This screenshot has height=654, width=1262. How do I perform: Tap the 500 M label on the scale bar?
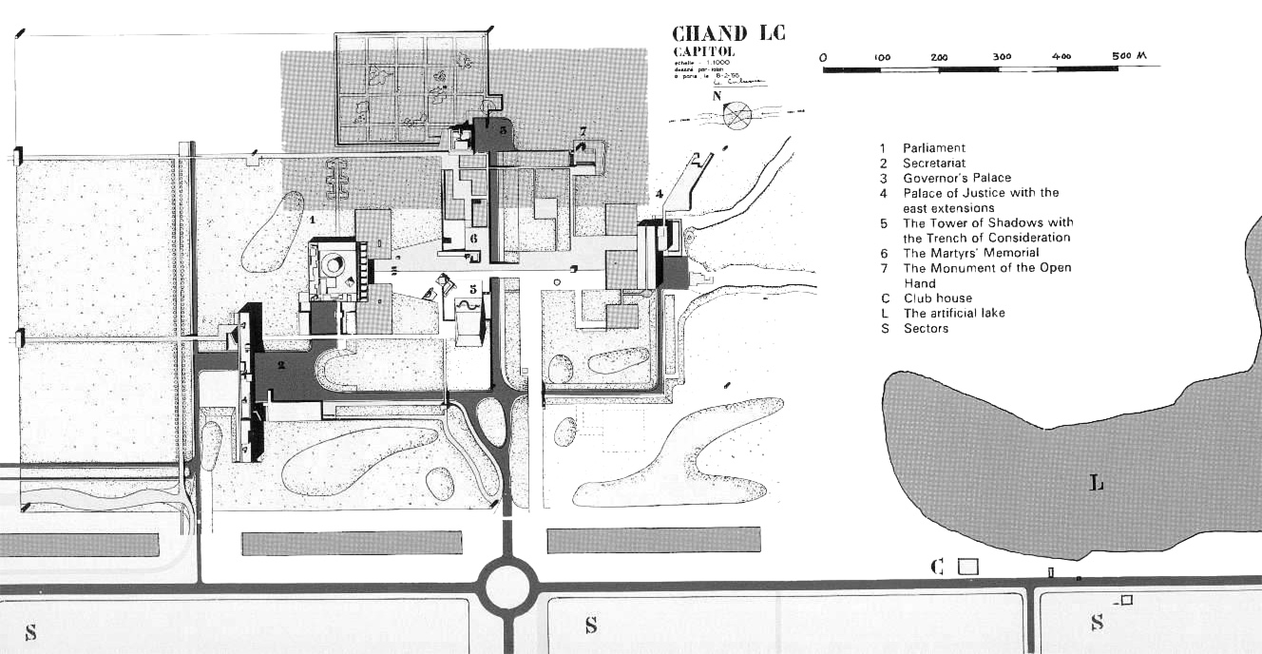click(x=1129, y=56)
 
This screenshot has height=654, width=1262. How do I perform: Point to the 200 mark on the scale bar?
click(x=940, y=57)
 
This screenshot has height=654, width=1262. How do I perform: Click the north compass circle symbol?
click(x=737, y=116)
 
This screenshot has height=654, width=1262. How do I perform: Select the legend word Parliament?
click(x=933, y=148)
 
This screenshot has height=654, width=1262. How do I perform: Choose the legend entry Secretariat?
click(x=933, y=163)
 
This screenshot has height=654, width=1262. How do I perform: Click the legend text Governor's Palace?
click(x=956, y=178)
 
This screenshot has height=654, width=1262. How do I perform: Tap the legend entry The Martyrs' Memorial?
click(x=970, y=253)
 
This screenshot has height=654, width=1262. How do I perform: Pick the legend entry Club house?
click(x=938, y=298)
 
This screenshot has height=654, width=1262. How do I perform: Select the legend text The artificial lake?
click(x=953, y=313)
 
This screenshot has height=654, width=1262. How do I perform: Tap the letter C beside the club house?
click(x=937, y=567)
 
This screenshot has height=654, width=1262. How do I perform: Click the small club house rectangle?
click(x=967, y=566)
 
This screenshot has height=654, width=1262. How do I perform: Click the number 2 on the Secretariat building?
click(x=280, y=364)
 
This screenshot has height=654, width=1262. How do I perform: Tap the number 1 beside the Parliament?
click(x=312, y=220)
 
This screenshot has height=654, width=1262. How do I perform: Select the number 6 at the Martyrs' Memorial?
click(x=472, y=239)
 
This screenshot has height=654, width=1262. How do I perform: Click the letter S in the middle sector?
click(x=590, y=625)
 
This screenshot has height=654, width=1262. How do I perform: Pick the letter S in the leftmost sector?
click(x=30, y=631)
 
